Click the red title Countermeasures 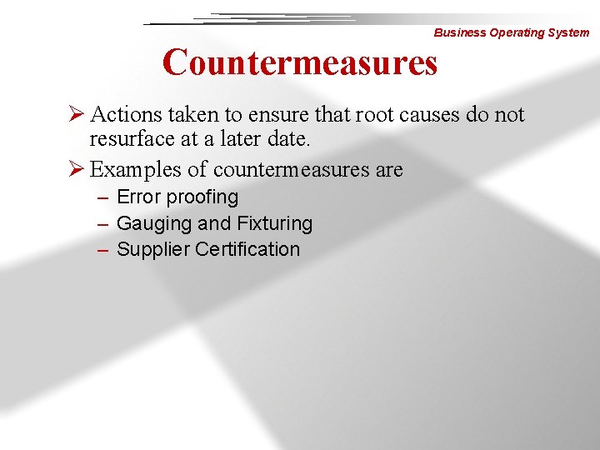[x=300, y=62]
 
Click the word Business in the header [x=458, y=33]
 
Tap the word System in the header [x=568, y=33]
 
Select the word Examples [x=136, y=170]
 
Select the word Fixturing [x=275, y=223]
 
